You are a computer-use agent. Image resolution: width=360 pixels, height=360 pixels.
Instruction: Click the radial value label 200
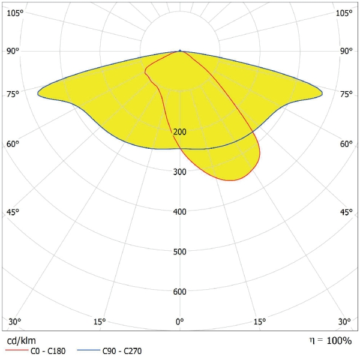point(180,132)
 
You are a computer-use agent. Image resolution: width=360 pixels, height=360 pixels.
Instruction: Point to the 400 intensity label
point(180,212)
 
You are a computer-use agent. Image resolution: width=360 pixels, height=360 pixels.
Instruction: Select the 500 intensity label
point(180,251)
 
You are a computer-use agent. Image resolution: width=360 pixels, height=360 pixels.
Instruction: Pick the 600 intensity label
point(180,292)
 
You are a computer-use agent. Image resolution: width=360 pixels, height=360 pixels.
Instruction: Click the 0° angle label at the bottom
point(180,322)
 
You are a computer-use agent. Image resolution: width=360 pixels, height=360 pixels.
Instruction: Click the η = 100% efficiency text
point(330,340)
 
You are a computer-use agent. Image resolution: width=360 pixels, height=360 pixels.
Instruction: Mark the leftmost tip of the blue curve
point(38,92)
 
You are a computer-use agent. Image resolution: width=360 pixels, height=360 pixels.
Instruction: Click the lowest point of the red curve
point(230,181)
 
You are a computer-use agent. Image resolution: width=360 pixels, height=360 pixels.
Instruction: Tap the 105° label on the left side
point(15,13)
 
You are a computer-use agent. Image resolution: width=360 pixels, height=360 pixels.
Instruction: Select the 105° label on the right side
point(344,13)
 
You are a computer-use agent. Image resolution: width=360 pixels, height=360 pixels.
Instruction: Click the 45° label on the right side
point(346,212)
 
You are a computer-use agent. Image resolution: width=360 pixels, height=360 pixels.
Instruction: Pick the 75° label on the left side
point(13,94)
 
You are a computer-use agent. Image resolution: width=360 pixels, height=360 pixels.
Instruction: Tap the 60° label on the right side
point(346,144)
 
